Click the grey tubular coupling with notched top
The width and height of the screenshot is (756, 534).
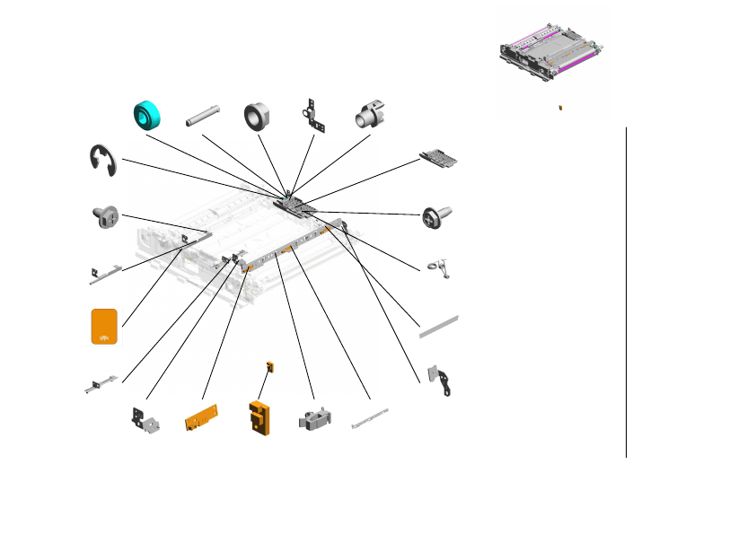point(370,115)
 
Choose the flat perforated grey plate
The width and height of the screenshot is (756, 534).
point(440,159)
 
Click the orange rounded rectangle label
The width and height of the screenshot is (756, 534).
point(105,327)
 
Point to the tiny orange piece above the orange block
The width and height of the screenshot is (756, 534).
point(269,366)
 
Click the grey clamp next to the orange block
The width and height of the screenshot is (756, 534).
point(313,417)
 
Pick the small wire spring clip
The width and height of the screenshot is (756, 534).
point(438,267)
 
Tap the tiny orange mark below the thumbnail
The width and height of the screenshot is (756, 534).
point(560,107)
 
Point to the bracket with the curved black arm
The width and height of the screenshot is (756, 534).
point(443,381)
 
